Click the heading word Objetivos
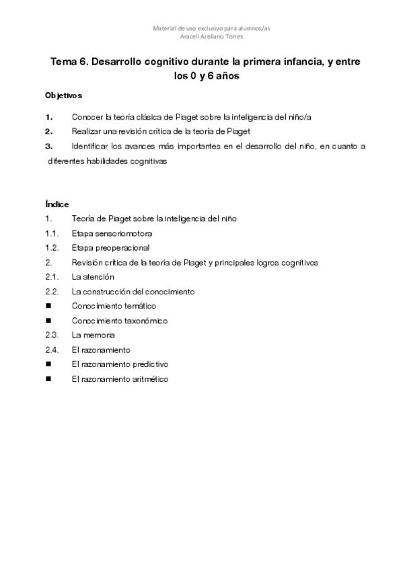[63, 95]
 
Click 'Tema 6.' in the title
[69, 61]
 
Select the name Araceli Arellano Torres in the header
[203, 37]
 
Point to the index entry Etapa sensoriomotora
[112, 233]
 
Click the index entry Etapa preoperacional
[110, 248]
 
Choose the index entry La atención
[93, 277]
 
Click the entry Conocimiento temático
[109, 307]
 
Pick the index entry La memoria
[94, 335]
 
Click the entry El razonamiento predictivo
[120, 364]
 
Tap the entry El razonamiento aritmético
[120, 379]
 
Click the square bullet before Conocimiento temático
[48, 307]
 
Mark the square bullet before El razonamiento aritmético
[48, 379]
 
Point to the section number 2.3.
[52, 335]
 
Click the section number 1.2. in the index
[52, 248]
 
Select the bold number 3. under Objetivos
[48, 146]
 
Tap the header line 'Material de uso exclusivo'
[203, 28]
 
